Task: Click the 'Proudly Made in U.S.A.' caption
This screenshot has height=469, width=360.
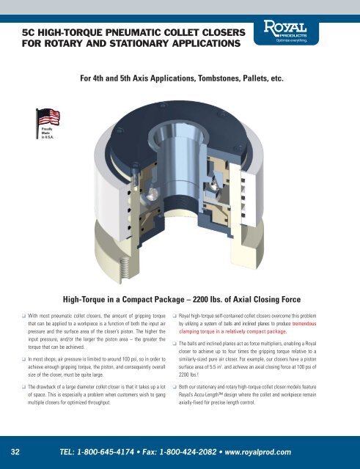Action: (40, 136)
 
